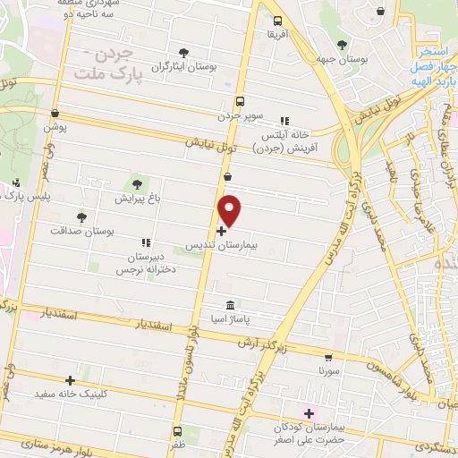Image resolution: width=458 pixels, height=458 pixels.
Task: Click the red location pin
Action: point(230,211)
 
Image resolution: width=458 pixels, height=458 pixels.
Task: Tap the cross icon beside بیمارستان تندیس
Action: point(222,231)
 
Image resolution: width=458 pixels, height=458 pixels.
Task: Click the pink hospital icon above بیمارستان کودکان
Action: point(310,412)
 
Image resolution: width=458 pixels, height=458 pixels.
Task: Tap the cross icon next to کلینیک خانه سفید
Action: point(70,379)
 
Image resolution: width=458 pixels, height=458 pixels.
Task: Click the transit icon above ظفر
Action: point(177,430)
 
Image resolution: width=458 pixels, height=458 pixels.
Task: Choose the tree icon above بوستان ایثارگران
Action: point(184,53)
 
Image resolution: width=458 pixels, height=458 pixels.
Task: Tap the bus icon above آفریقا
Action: point(277,20)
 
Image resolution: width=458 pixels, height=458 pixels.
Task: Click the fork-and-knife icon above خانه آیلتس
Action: point(284,121)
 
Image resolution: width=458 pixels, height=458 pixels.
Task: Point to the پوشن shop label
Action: point(55,128)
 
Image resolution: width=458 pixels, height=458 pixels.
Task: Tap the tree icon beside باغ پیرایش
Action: point(136,184)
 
